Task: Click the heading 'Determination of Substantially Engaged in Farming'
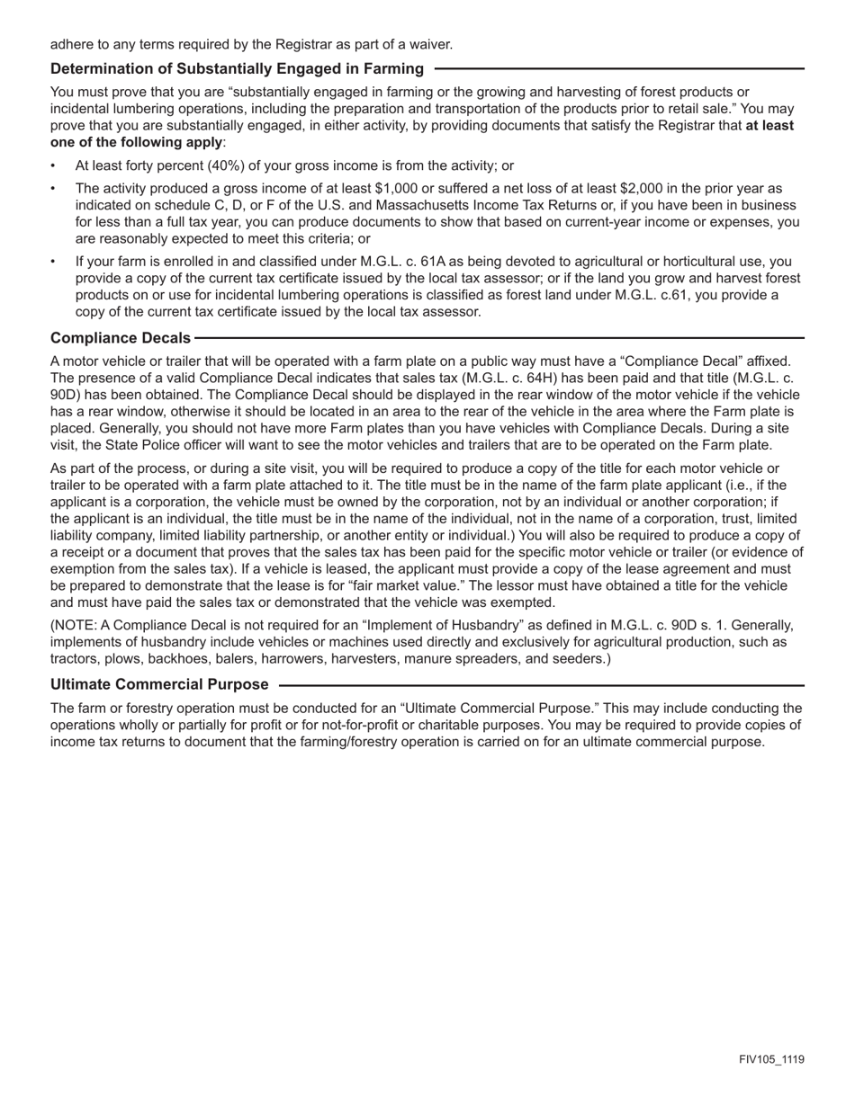238,68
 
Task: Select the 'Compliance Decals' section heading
121,337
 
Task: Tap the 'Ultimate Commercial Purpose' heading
159,684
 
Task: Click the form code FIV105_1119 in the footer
771,1059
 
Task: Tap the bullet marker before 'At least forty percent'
53,165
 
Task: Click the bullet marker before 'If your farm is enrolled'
53,262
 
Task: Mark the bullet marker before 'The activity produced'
53,189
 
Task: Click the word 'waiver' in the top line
432,44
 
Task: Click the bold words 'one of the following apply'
136,142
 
